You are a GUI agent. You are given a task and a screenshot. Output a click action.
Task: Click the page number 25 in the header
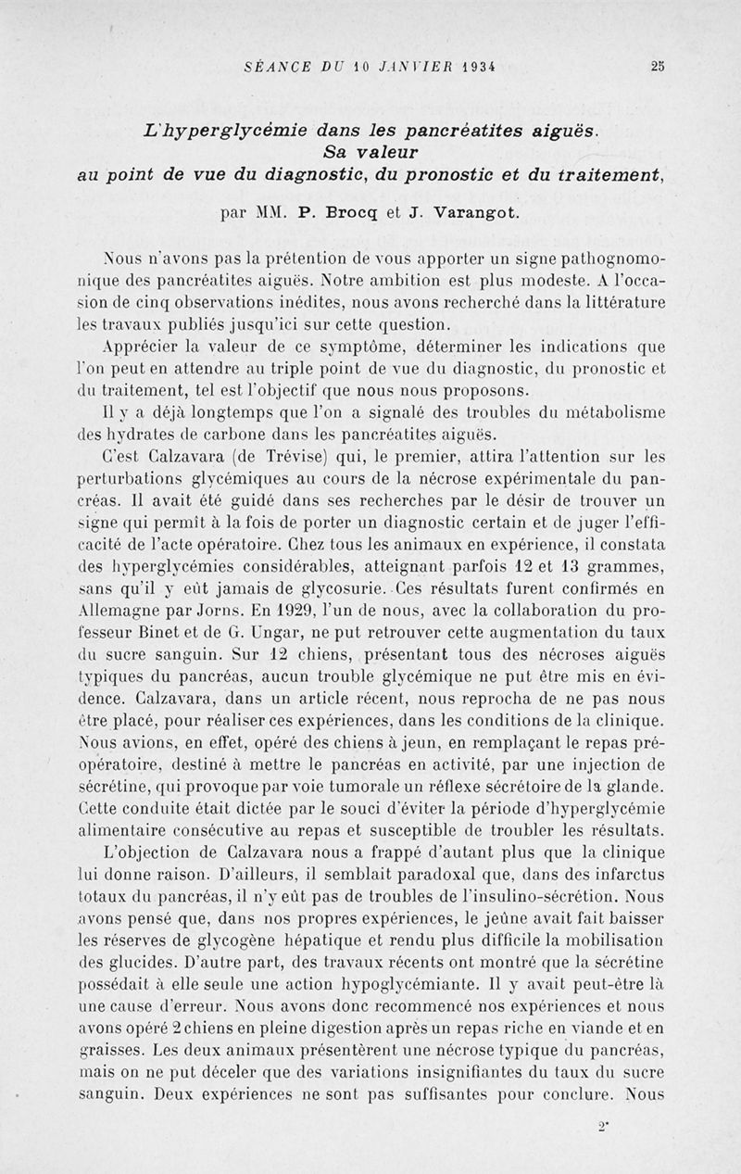coord(658,66)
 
